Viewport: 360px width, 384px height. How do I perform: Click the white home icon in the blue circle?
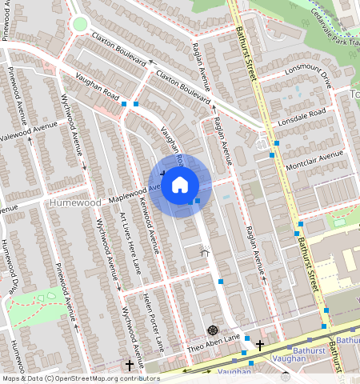tap(180, 185)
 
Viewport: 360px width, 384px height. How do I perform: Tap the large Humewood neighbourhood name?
tap(75, 203)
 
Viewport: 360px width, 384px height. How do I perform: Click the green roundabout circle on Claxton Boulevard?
tap(80, 24)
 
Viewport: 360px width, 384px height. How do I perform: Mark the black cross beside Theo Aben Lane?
tap(259, 344)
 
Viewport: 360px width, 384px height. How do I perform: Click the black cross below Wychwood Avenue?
tap(130, 365)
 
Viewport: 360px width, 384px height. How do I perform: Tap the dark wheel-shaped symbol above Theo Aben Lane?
tap(212, 329)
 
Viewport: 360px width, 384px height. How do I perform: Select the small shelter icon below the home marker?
tap(204, 254)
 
